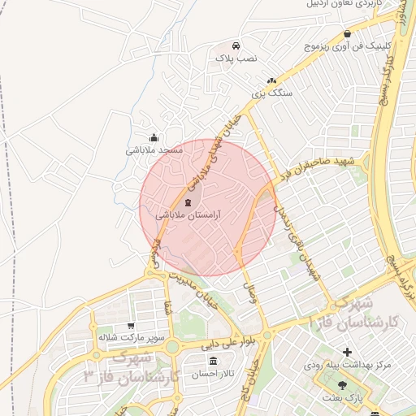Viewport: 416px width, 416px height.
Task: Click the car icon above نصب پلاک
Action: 236,46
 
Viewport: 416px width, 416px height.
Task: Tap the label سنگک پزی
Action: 271,94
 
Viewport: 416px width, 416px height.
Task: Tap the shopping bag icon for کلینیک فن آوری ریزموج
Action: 348,34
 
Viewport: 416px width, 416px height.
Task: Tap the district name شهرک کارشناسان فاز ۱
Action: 355,313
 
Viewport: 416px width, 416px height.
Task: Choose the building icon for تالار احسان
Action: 213,360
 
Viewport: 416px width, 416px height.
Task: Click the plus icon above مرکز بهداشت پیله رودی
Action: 348,352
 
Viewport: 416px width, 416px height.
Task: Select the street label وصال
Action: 249,286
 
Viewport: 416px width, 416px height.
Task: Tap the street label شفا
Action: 168,309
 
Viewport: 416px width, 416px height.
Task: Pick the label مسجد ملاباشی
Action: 154,150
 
